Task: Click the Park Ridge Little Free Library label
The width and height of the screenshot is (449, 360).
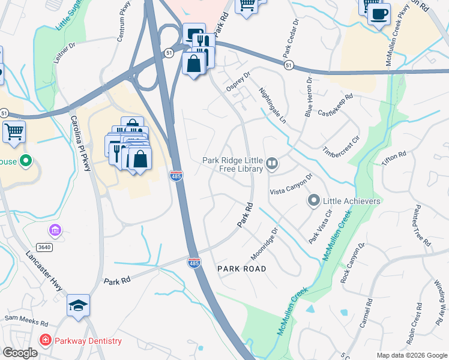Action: [233, 164]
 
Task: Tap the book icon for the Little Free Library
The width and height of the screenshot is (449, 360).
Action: [272, 163]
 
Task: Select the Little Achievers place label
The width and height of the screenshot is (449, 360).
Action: [352, 201]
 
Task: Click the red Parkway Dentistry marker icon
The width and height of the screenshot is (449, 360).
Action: [45, 340]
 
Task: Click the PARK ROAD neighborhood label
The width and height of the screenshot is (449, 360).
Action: [241, 268]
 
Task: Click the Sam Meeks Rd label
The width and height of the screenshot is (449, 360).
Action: [25, 318]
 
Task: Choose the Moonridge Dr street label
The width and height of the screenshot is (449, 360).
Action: [265, 242]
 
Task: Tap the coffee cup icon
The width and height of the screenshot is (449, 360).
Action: [379, 14]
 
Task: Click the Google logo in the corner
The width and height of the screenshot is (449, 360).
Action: [20, 353]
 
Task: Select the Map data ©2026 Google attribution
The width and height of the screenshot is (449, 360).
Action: [411, 355]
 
